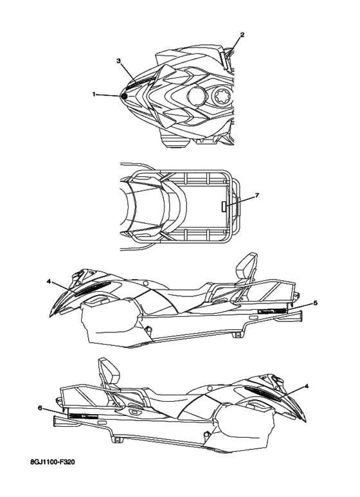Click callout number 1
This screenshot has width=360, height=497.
point(93,94)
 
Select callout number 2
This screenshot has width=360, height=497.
point(242,35)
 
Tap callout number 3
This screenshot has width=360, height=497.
point(118,61)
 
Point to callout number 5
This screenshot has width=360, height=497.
point(315,303)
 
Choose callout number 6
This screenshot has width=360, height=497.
point(40,408)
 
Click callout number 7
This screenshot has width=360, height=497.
point(257,195)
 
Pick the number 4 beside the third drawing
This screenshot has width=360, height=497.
point(48,281)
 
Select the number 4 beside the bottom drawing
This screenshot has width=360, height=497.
point(306,386)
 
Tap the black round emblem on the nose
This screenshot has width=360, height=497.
point(124,96)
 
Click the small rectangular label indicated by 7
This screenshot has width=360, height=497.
point(224,206)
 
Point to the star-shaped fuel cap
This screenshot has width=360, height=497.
point(222,95)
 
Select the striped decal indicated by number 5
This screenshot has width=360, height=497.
point(273,311)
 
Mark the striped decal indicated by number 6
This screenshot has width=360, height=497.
point(83,415)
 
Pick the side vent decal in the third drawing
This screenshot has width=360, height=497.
point(93,288)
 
